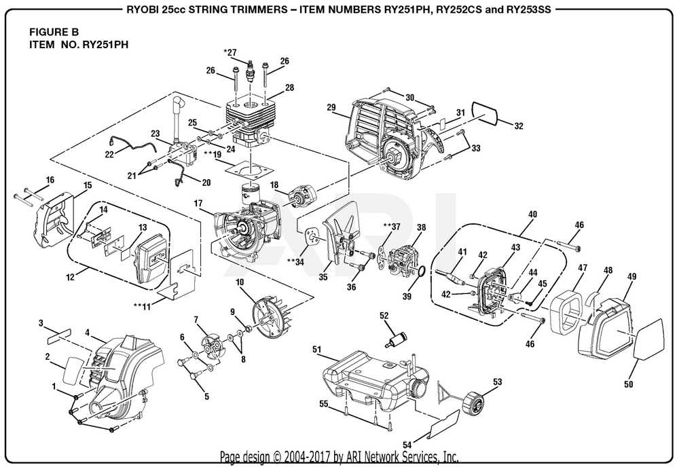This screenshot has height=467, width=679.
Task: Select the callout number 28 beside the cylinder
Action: pyautogui.click(x=289, y=88)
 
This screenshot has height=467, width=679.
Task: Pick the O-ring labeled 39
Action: pyautogui.click(x=421, y=272)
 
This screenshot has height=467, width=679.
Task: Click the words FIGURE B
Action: pyautogui.click(x=55, y=31)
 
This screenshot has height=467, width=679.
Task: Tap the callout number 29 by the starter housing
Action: pyautogui.click(x=331, y=107)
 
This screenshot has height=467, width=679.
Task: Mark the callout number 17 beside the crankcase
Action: pyautogui.click(x=198, y=203)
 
